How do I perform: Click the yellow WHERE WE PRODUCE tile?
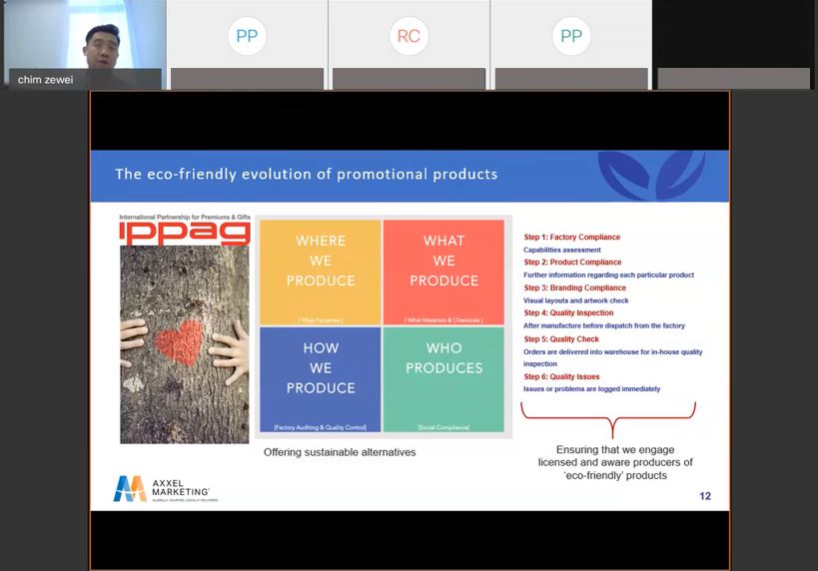321,272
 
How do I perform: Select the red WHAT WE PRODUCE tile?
443,272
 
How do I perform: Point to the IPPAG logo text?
185,234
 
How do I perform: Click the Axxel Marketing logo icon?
130,488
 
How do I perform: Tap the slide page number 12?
705,496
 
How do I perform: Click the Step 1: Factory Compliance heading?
571,238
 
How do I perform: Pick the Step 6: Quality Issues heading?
561,376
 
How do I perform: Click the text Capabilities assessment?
562,250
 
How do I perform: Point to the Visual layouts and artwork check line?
576,300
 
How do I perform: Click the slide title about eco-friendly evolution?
306,175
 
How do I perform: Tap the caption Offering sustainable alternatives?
340,452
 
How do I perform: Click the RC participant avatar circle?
409,37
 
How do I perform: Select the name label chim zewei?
46,80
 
